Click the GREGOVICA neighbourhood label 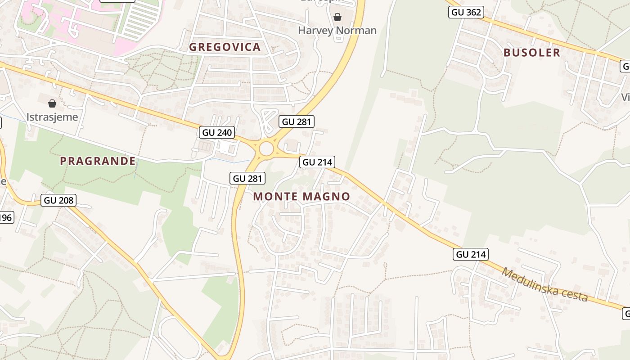tap(225, 47)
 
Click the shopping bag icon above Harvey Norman tap(337, 17)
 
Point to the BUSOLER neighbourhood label tap(532, 53)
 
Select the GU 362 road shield tap(466, 12)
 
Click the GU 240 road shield tap(217, 132)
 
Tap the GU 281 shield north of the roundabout tap(296, 121)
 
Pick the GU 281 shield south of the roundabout tap(247, 178)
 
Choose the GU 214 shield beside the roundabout tap(318, 162)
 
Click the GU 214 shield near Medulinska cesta tap(471, 254)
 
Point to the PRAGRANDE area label tap(98, 161)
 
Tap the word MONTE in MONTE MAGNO tap(275, 197)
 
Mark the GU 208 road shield tap(58, 200)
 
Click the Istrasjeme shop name tap(52, 117)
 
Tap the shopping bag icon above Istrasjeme tap(52, 103)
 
